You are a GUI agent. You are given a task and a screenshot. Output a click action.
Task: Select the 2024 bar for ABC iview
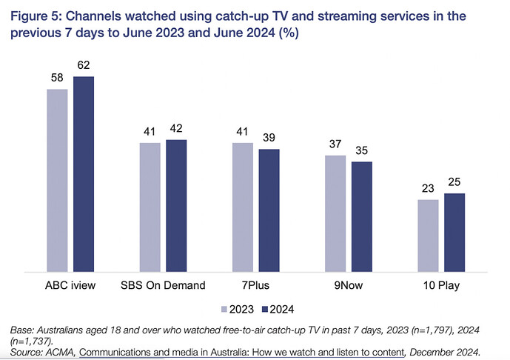click(x=84, y=174)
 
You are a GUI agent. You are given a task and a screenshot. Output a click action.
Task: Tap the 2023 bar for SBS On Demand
click(x=150, y=207)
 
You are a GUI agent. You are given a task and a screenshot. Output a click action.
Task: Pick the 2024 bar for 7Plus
click(x=269, y=210)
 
